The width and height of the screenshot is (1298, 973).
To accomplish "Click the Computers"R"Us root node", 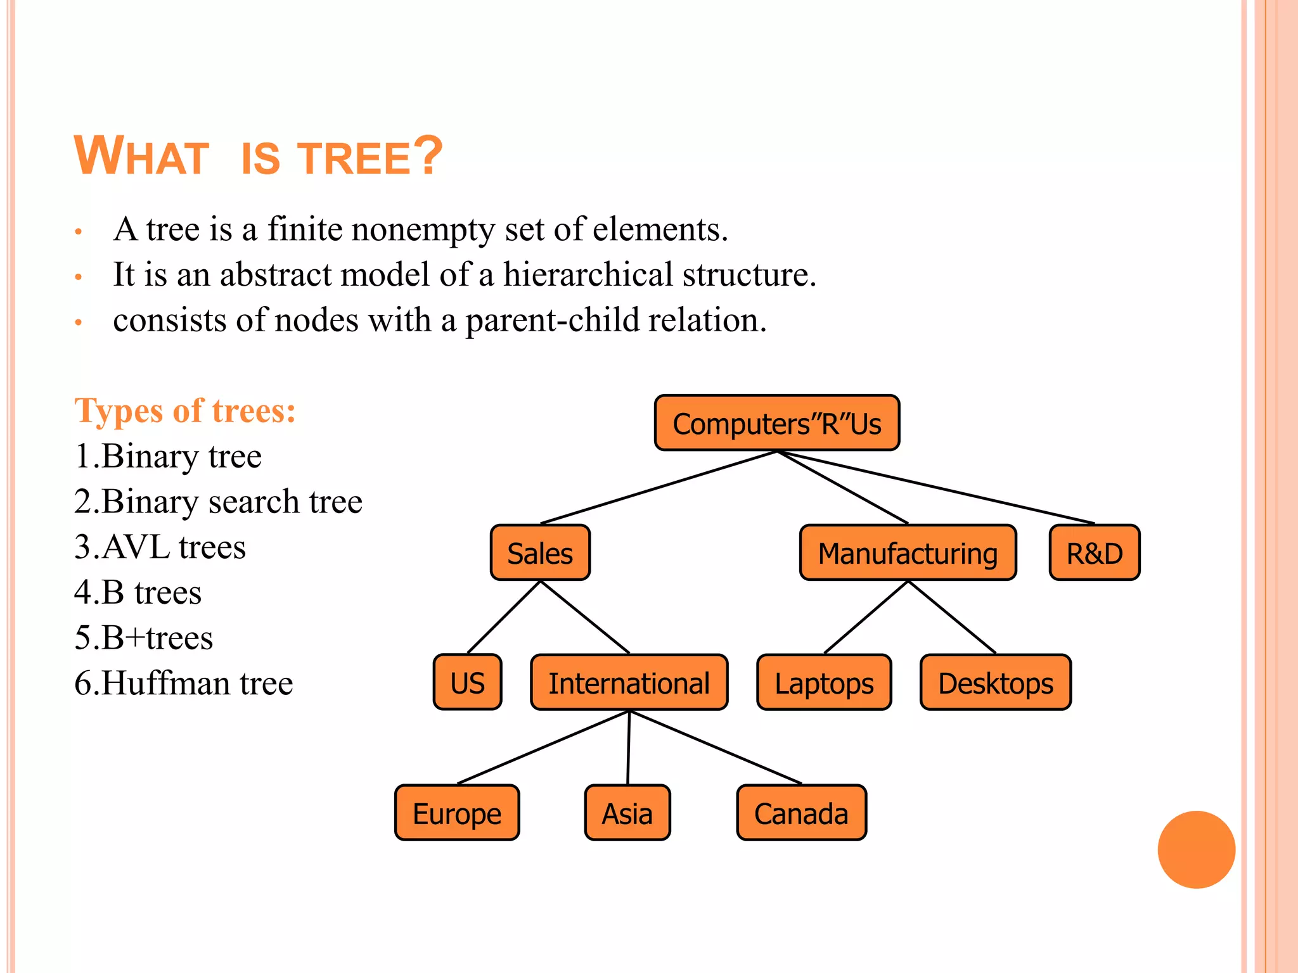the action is point(776,423).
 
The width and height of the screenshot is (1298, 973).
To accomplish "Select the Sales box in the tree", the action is point(540,553).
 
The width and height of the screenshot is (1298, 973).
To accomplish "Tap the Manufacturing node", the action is point(908,553).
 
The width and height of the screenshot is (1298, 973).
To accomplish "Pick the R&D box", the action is point(1094,553).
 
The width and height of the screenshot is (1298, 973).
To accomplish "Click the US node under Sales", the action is point(467,682).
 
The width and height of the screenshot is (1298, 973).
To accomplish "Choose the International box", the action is point(629,682).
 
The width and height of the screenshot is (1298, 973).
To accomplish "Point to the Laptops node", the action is point(824,682).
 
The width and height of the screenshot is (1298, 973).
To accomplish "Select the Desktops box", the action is point(995,682).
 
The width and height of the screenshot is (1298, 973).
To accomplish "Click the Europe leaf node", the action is point(456,813).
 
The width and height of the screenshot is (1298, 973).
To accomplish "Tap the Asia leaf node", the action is point(627,813).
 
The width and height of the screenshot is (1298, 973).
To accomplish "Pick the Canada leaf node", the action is point(801,813).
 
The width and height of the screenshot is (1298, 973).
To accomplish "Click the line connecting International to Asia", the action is point(629,747).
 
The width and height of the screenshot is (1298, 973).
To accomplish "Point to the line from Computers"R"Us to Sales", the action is point(659,486).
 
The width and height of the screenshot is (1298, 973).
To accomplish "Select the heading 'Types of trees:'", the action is point(185,410).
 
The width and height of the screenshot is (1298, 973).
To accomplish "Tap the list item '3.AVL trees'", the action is point(160,547).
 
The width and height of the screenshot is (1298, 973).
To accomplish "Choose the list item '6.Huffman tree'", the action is point(184,683).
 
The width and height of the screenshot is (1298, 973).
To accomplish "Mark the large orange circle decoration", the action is point(1196,849).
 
